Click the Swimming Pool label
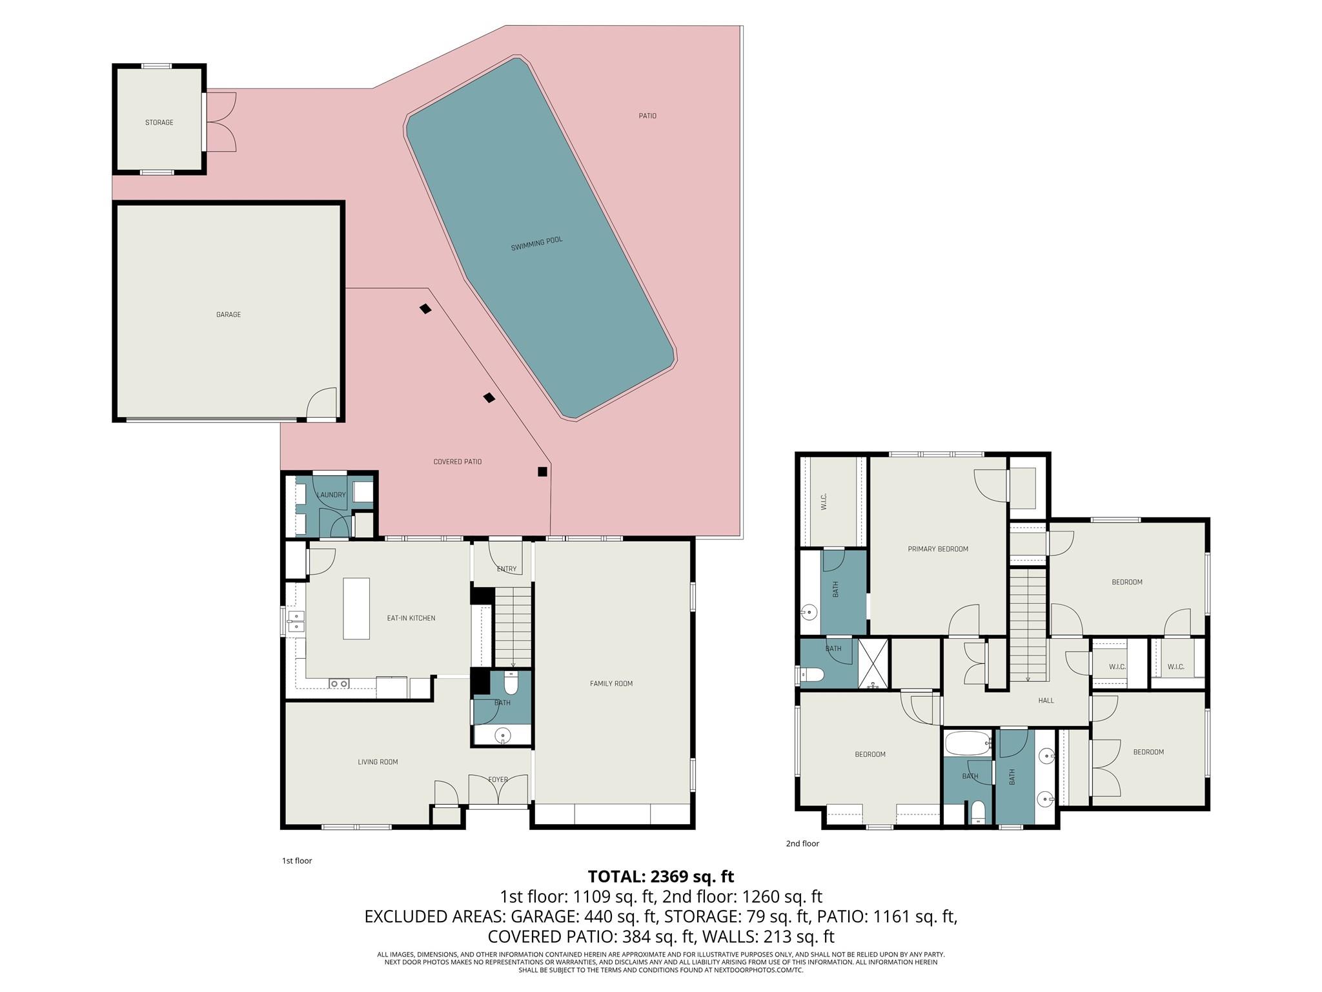click(536, 243)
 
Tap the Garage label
click(229, 315)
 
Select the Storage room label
click(159, 122)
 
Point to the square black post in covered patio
click(542, 471)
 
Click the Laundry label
click(331, 495)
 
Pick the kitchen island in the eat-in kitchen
click(356, 608)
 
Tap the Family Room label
click(611, 683)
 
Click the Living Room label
click(378, 762)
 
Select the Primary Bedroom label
click(937, 549)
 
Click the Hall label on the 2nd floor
click(1046, 700)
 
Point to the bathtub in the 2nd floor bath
click(968, 743)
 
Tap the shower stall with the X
click(873, 663)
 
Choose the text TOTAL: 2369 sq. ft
click(660, 876)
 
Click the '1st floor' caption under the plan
click(297, 861)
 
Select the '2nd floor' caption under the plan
click(802, 843)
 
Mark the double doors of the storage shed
click(221, 122)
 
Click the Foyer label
click(498, 780)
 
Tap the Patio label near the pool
click(647, 116)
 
